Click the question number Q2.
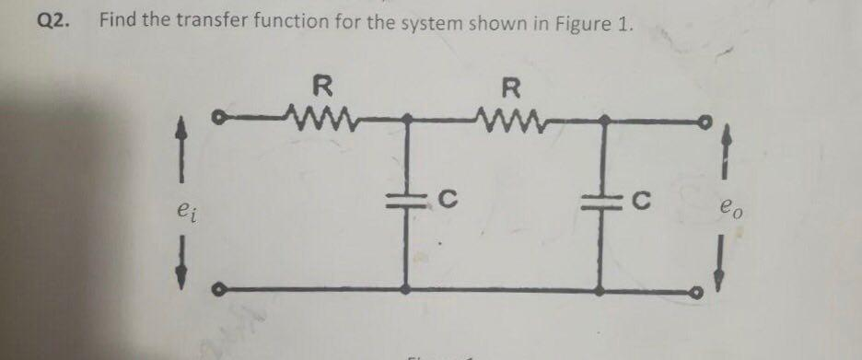pyautogui.click(x=55, y=20)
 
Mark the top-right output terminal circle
pyautogui.click(x=705, y=121)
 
